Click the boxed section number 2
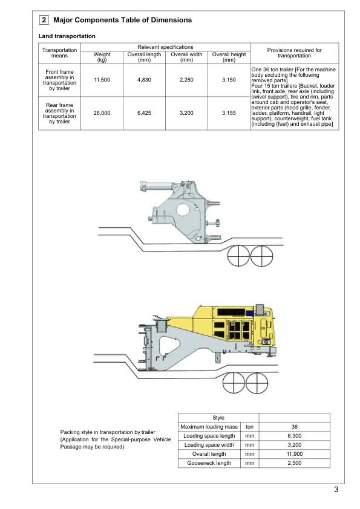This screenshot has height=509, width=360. click(44, 20)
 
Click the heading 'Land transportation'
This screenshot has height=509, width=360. click(67, 36)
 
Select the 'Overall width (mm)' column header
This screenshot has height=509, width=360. click(186, 57)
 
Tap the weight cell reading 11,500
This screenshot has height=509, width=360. click(102, 80)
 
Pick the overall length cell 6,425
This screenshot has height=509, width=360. click(144, 113)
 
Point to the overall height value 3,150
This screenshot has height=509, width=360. click(229, 80)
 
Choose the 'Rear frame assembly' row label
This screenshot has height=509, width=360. click(59, 113)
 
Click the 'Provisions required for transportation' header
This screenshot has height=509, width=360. click(295, 53)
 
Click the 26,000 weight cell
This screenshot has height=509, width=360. click(102, 113)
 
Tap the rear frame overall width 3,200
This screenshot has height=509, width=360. click(186, 113)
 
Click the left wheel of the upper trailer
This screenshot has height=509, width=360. click(238, 256)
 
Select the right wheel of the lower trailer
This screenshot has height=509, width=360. click(257, 383)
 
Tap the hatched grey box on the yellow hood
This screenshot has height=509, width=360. click(260, 310)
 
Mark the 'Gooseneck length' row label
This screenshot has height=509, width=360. click(209, 463)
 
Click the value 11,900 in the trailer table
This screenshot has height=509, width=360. click(295, 454)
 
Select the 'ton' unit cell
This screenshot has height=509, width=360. click(249, 427)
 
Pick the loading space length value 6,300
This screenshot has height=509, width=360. click(295, 436)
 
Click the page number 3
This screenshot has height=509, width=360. click(336, 490)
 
